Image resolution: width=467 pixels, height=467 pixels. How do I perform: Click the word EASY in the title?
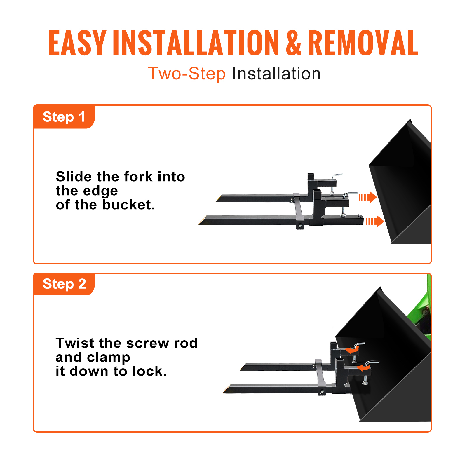click(x=77, y=43)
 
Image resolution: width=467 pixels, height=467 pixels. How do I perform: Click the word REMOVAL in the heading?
click(x=363, y=43)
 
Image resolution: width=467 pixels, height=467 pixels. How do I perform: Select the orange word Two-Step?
click(x=187, y=73)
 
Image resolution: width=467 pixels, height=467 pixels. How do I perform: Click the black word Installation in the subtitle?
click(x=276, y=73)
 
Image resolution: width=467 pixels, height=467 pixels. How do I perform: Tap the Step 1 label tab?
click(x=64, y=117)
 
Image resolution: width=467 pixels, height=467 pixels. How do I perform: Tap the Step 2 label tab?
click(x=64, y=284)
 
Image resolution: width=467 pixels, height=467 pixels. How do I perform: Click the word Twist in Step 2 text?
click(x=75, y=343)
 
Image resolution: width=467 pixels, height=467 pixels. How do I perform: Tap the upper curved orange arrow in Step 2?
click(x=352, y=350)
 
